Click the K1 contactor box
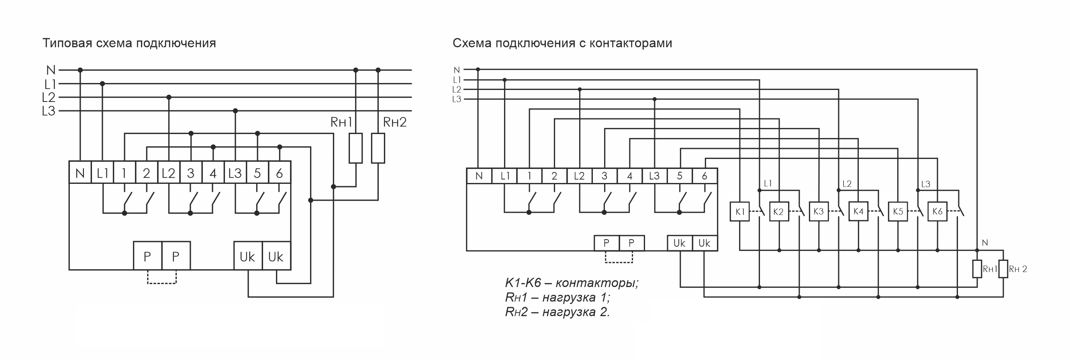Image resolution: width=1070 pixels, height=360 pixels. point(739,212)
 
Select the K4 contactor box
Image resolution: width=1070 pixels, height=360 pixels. point(858,212)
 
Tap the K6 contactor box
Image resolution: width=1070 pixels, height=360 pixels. point(937,212)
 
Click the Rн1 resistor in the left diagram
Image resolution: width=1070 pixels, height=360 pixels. point(355,148)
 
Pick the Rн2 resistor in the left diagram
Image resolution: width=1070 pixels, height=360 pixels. point(378,148)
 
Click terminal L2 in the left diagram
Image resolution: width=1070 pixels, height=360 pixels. point(169,172)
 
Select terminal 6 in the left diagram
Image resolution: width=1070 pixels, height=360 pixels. point(280,172)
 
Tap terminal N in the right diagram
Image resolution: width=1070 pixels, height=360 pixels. point(479,176)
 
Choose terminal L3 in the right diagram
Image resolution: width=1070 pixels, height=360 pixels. point(654,176)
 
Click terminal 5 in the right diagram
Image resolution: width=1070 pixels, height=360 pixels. point(680,176)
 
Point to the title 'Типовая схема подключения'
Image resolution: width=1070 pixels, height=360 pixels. point(129,43)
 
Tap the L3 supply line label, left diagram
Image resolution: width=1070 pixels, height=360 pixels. point(49,111)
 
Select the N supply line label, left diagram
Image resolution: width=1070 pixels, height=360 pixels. point(51,70)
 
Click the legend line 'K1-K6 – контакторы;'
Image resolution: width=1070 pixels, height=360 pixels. point(572,283)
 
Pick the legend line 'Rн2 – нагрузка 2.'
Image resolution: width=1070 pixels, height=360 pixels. point(557,312)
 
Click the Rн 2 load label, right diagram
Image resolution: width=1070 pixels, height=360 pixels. point(1018,269)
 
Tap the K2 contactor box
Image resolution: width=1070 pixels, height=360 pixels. point(778,212)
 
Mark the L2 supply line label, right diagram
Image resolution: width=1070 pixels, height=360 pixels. point(457,89)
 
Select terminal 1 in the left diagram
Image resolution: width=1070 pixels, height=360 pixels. point(124,172)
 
